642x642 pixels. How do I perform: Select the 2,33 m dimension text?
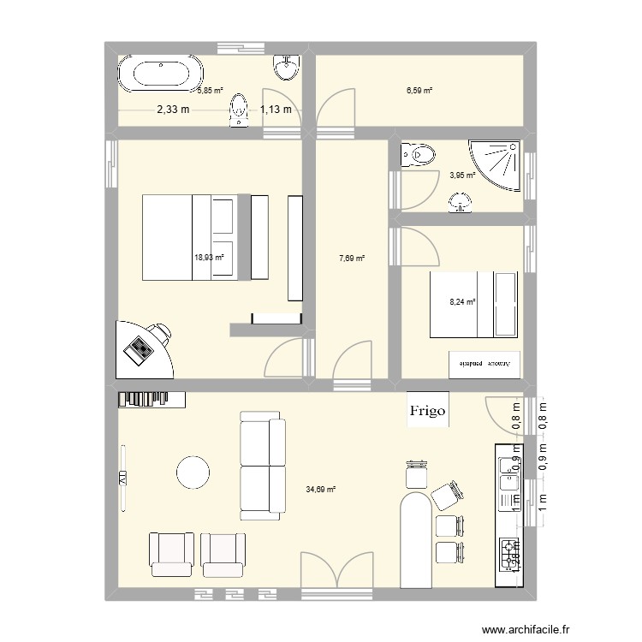(173, 109)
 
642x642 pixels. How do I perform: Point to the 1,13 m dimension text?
(276, 109)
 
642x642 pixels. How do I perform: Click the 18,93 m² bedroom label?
(209, 256)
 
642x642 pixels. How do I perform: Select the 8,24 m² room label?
(463, 300)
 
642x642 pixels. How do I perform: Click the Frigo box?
(427, 410)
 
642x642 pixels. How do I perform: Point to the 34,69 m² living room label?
(321, 490)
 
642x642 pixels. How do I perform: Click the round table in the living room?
(193, 470)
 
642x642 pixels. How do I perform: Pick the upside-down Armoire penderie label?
(484, 364)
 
